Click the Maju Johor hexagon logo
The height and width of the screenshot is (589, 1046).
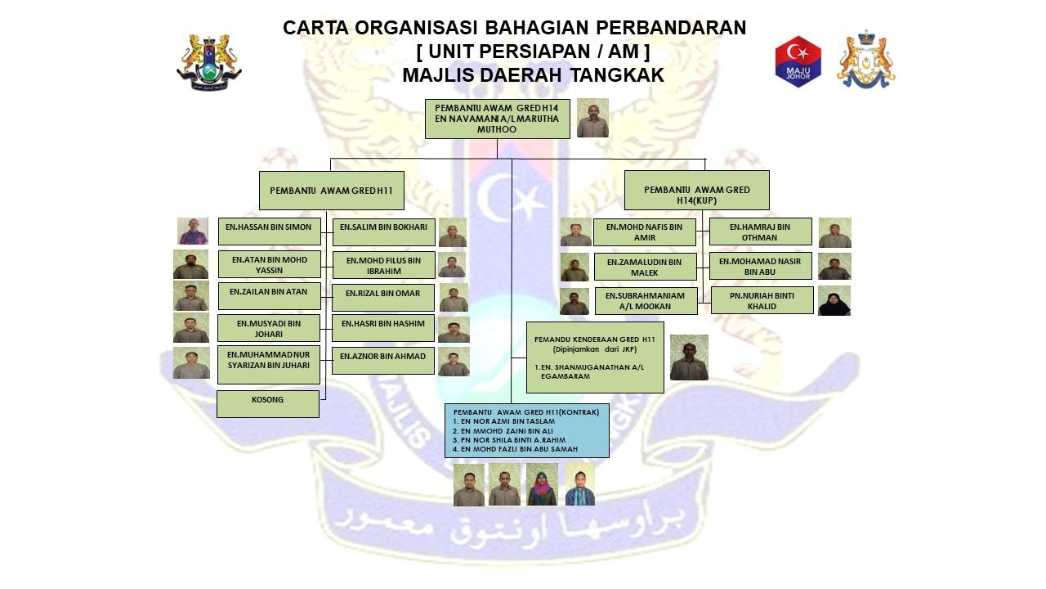[x=798, y=61]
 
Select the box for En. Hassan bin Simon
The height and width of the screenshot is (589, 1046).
[x=269, y=231]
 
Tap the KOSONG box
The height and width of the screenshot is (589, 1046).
[x=267, y=404]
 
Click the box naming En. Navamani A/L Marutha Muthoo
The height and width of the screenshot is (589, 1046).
[x=498, y=119]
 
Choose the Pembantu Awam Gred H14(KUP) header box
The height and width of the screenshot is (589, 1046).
[x=697, y=191]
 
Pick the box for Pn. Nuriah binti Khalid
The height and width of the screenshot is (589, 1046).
[x=762, y=300]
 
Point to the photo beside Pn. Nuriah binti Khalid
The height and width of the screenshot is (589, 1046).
[x=834, y=300]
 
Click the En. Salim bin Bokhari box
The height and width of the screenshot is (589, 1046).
[x=383, y=232]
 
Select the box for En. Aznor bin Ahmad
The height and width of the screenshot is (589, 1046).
[x=383, y=361]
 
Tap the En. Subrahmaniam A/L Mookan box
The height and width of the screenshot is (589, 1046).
[x=646, y=301]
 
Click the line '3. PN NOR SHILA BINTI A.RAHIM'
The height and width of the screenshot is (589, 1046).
[x=509, y=440]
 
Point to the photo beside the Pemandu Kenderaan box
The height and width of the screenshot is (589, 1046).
[x=689, y=357]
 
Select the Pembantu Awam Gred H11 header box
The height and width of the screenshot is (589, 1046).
[x=332, y=191]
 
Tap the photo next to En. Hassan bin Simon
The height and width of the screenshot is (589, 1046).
[x=192, y=231]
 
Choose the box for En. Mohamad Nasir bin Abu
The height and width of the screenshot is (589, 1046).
[x=760, y=266]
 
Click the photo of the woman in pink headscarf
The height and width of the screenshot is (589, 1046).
[x=542, y=484]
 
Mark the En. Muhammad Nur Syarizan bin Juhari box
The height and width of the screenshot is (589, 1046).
[x=269, y=365]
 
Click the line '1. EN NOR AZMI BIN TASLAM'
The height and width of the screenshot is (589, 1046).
[x=504, y=421]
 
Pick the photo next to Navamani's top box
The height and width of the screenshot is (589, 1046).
[x=592, y=118]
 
